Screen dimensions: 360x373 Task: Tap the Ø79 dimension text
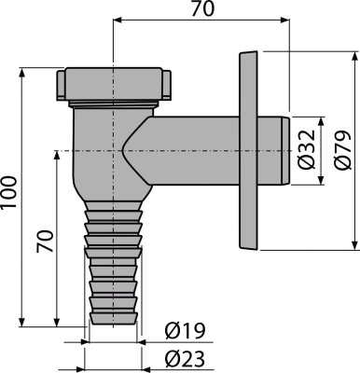(x=341, y=140)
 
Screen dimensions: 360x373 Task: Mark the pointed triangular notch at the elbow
(x=126, y=146)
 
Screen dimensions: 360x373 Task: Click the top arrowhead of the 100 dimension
(x=21, y=71)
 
